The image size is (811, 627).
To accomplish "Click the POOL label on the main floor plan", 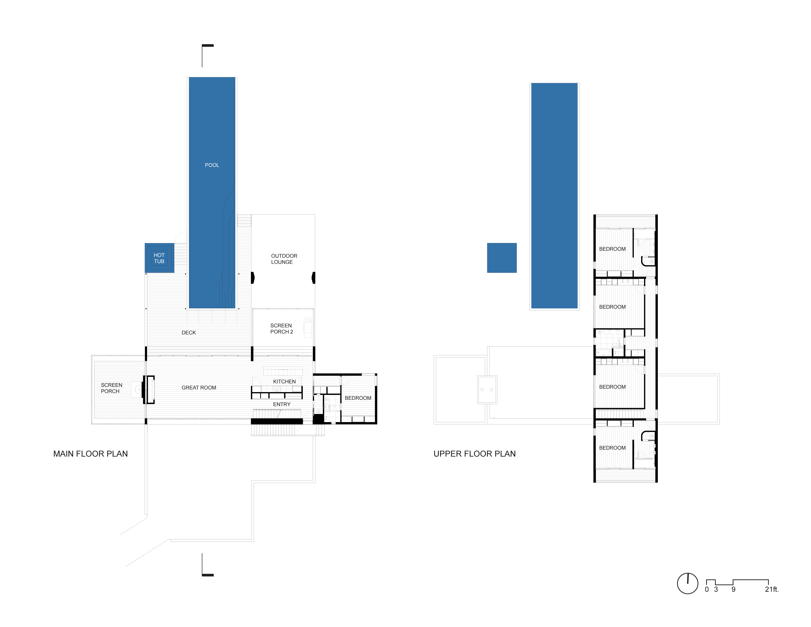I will point(212,165).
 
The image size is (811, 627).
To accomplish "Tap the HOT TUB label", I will point(159,258).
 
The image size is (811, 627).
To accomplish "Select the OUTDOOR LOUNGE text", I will point(284,259).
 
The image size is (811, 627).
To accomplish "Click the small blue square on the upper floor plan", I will point(502,258).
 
